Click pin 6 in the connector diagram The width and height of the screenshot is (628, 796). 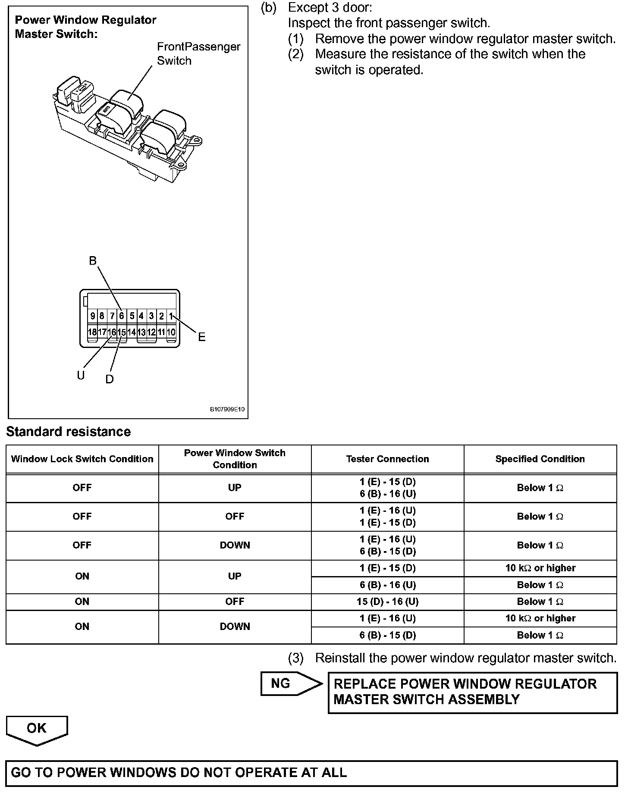(122, 316)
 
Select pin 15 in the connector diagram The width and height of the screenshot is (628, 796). (122, 332)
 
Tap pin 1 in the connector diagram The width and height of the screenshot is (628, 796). (171, 316)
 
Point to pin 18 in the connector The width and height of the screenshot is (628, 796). (92, 332)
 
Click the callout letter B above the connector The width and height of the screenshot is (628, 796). (93, 260)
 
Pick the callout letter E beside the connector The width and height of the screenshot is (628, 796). (201, 337)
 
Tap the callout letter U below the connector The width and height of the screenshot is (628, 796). (81, 376)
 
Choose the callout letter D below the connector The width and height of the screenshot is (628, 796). (110, 379)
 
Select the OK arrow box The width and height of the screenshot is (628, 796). (37, 728)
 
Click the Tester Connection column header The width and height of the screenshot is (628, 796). (387, 459)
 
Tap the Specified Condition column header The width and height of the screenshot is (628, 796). (540, 459)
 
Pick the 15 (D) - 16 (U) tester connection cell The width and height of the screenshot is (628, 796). (387, 602)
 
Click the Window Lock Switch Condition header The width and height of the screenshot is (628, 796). (82, 459)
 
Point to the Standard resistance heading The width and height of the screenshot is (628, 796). (68, 432)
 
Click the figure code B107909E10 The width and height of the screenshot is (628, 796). (227, 409)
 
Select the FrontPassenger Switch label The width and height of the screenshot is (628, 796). (198, 53)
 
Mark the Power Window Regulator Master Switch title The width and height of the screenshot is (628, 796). (85, 27)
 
